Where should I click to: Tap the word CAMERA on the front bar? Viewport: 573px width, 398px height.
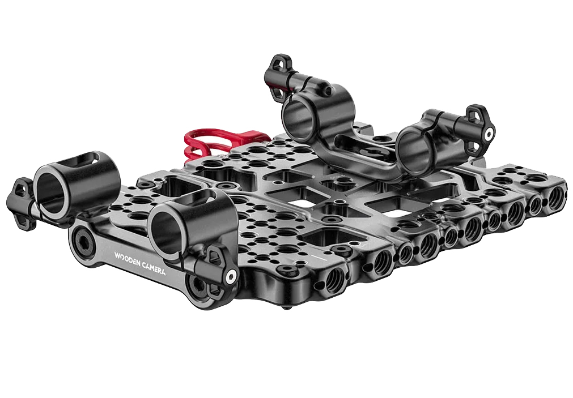[154, 268]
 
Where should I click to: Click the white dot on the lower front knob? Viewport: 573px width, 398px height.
[231, 276]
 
